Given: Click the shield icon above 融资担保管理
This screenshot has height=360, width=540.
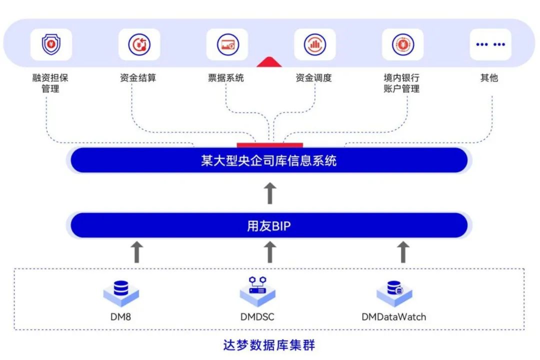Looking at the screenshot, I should click(x=51, y=44).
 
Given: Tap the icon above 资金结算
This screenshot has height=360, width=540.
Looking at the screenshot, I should click(x=139, y=44).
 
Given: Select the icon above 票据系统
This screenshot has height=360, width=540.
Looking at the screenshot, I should click(x=227, y=44).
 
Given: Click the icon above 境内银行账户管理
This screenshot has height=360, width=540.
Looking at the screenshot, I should click(x=402, y=44).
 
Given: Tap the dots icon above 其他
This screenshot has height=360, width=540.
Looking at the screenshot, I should click(x=490, y=44).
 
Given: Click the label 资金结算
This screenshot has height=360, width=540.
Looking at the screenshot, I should click(x=138, y=78).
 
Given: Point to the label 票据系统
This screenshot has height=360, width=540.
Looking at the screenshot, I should click(x=226, y=78).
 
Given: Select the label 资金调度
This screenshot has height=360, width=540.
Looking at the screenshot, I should click(x=314, y=78).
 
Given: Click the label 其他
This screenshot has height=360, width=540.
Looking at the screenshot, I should click(x=489, y=78).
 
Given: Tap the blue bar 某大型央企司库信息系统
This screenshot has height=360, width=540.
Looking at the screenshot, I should click(x=269, y=160).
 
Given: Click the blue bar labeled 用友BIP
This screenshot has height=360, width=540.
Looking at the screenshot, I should click(x=269, y=226).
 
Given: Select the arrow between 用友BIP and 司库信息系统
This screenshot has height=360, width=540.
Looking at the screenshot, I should click(x=269, y=193).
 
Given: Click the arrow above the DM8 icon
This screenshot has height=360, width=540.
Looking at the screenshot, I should click(x=136, y=252).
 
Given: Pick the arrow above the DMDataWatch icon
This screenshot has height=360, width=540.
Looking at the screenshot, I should click(x=403, y=252).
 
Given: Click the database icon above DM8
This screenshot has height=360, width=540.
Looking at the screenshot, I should click(x=121, y=292).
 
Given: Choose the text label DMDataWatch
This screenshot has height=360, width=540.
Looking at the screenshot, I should click(x=394, y=317).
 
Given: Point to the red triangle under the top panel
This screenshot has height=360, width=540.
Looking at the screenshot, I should click(x=269, y=62).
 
